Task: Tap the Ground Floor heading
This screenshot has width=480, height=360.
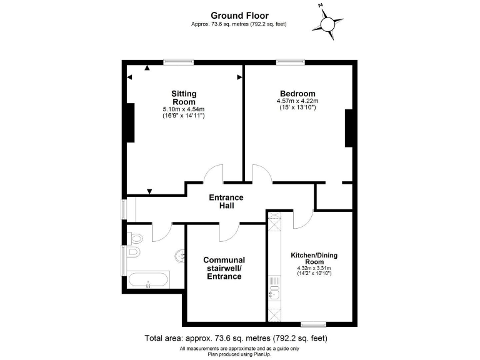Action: tap(239, 16)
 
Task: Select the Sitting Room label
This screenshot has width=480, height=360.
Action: tap(184, 97)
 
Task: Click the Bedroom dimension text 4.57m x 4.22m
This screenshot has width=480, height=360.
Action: tap(297, 101)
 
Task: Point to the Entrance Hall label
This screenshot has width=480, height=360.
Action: tap(226, 201)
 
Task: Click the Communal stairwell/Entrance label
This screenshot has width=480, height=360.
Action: tap(224, 268)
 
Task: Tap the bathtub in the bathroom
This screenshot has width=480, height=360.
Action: tap(148, 279)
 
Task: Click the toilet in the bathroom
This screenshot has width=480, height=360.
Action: tap(134, 253)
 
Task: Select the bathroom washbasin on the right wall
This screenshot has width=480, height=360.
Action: tap(179, 254)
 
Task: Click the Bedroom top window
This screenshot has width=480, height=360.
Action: tap(291, 61)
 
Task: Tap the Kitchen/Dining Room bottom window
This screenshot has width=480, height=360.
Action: tap(313, 324)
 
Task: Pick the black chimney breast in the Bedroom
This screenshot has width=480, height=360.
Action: tap(349, 128)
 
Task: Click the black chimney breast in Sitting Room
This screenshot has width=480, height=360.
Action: tap(130, 122)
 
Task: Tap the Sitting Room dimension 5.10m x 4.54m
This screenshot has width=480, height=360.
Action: tap(184, 109)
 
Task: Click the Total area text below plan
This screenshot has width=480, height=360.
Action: tap(236, 338)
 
